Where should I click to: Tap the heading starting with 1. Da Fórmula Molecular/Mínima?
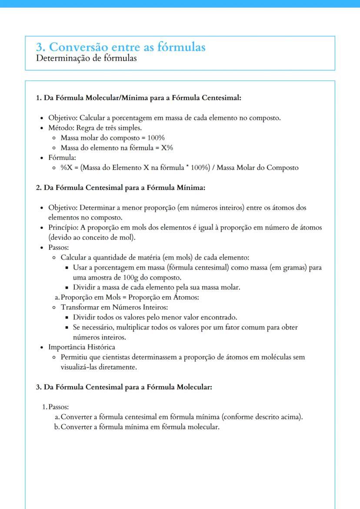138,98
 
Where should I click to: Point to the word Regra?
89,128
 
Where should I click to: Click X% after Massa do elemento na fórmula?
167,148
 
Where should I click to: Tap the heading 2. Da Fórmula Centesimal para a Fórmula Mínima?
120,188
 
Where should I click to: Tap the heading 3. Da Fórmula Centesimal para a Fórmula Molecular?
124,387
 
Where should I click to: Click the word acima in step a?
291,417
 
